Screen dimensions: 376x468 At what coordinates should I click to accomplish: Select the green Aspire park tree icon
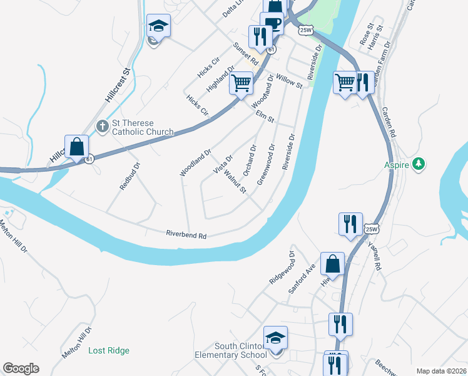[x=419, y=165]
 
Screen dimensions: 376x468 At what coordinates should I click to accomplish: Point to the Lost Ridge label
[x=109, y=350]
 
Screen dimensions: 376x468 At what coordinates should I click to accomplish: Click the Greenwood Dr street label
[x=265, y=160]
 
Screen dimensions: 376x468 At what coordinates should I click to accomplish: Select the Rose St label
[x=366, y=34]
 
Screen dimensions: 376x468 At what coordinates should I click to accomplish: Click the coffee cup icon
[x=273, y=24]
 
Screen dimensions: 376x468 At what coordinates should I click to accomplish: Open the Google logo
[x=21, y=368]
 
